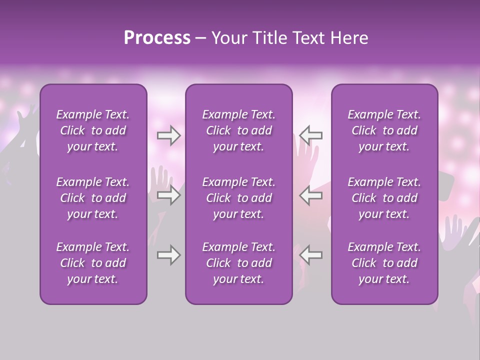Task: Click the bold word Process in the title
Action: point(157,38)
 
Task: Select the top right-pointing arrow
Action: point(168,135)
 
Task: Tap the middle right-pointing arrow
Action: point(168,195)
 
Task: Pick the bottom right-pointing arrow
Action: point(168,255)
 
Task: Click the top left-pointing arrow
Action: point(311,135)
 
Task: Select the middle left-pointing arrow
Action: point(311,195)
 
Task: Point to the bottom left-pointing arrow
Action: point(311,254)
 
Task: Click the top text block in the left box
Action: point(93,130)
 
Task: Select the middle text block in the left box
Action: point(93,198)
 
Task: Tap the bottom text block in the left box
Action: point(93,263)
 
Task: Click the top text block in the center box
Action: point(239,130)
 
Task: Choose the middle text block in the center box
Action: point(239,198)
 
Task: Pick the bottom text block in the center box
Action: point(239,263)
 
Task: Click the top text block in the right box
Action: point(384,130)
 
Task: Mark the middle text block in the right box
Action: point(384,198)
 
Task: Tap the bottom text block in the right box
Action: point(384,263)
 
